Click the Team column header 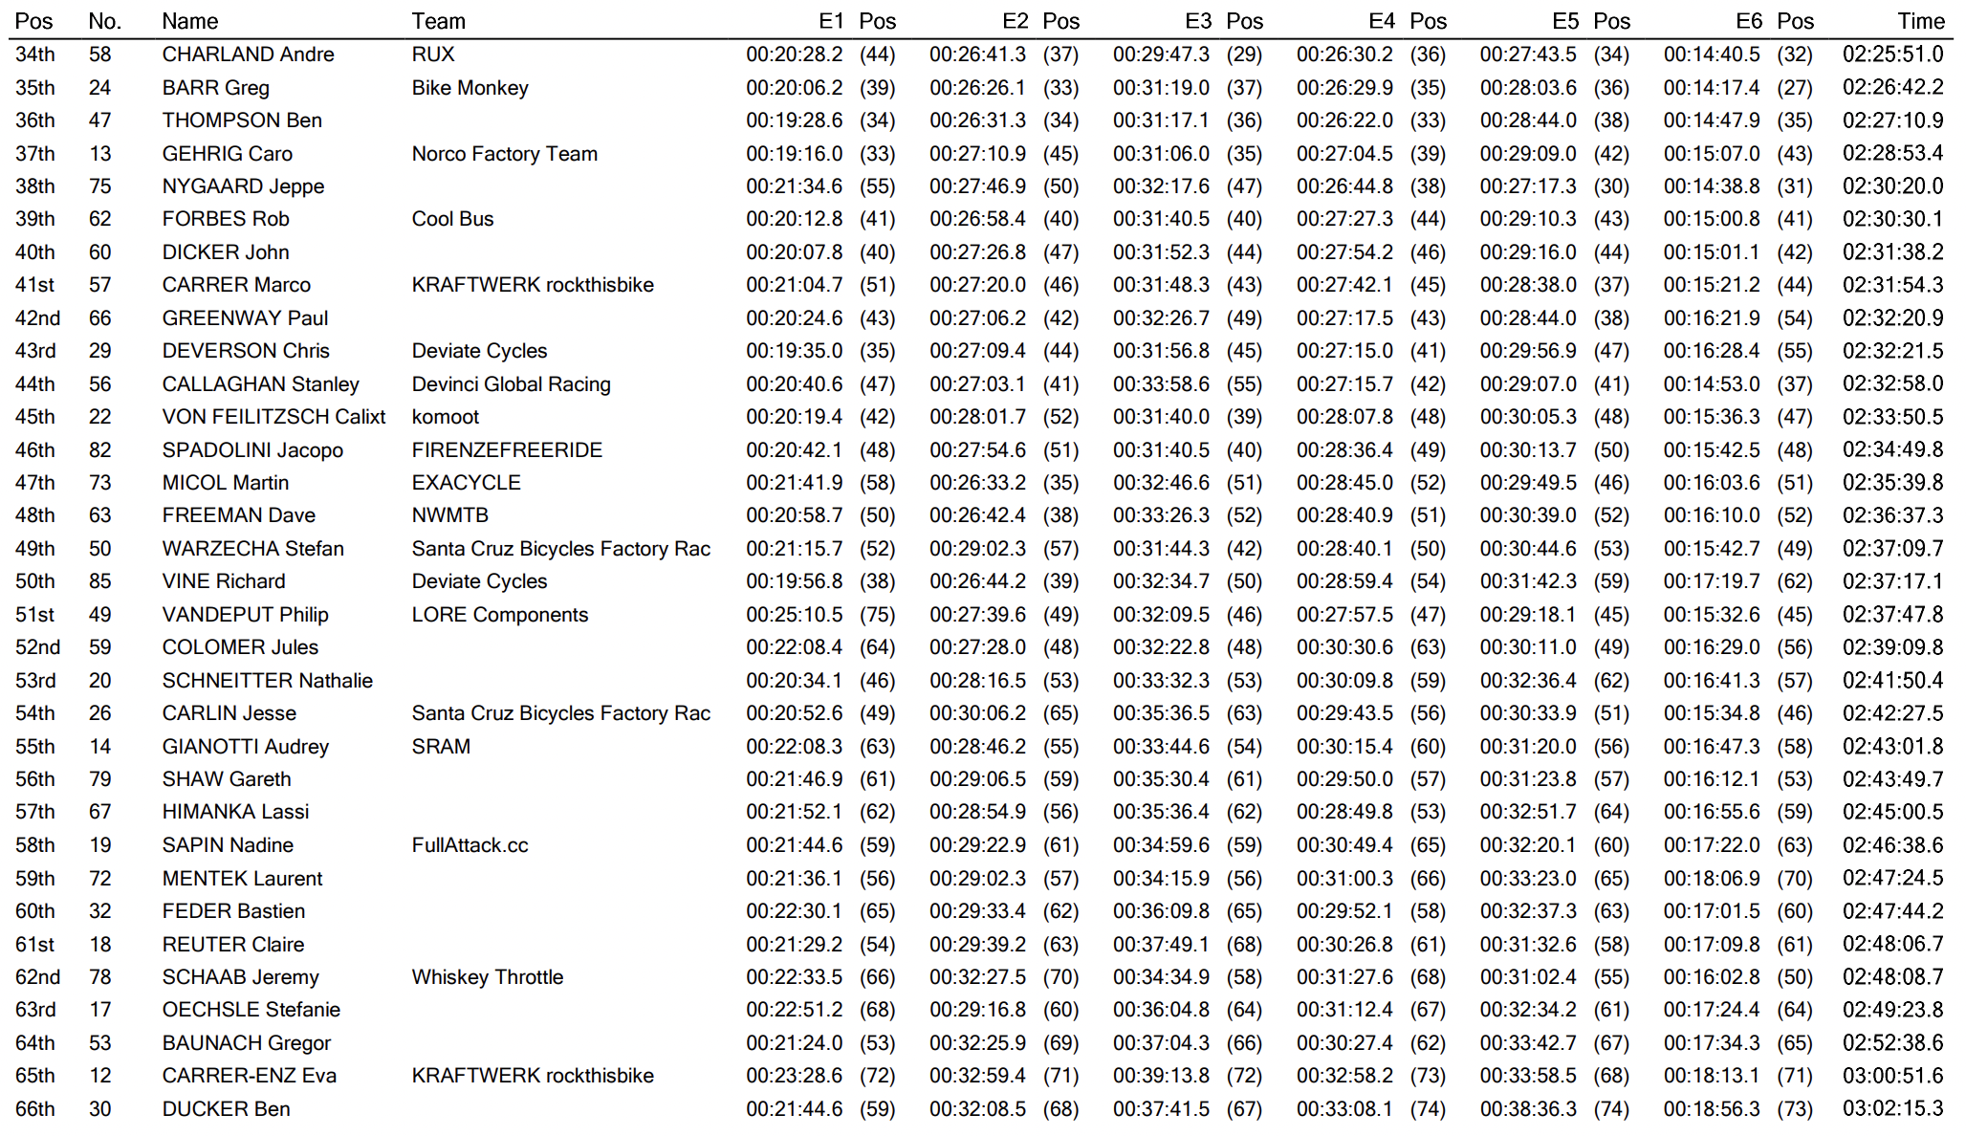(x=438, y=21)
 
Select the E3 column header (x=1198, y=21)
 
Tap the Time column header (x=1921, y=21)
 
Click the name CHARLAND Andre (x=248, y=55)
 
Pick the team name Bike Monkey (x=470, y=88)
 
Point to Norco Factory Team (x=504, y=154)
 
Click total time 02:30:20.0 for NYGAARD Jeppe (x=1892, y=186)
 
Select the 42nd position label (x=37, y=318)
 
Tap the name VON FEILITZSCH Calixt (x=273, y=417)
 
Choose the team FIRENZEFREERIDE (x=507, y=450)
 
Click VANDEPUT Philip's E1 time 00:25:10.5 (x=794, y=615)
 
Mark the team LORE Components (x=499, y=615)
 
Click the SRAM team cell (x=441, y=747)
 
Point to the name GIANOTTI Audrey (x=245, y=747)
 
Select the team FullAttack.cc (x=470, y=845)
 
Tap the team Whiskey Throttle (x=487, y=977)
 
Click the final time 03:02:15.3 (x=1892, y=1109)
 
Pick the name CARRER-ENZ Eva (x=249, y=1076)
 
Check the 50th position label (x=34, y=581)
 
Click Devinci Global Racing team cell (x=511, y=384)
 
